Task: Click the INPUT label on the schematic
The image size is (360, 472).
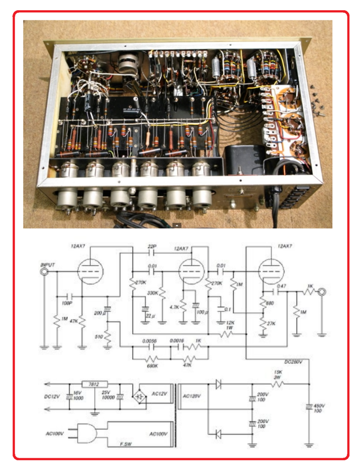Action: [48, 265]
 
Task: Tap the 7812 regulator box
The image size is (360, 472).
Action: [94, 384]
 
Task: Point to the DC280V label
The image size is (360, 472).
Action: [293, 362]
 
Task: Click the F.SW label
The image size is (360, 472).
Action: [126, 444]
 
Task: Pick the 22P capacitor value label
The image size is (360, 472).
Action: [152, 246]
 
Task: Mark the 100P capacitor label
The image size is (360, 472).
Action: [67, 303]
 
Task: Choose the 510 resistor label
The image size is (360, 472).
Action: [99, 337]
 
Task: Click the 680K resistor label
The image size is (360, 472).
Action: [152, 366]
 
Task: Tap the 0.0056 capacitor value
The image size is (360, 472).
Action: [150, 341]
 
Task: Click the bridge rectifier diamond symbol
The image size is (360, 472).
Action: [139, 397]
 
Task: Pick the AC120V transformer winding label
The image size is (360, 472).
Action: [192, 396]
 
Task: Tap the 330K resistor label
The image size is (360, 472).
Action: [153, 293]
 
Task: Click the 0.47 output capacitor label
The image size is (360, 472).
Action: [281, 286]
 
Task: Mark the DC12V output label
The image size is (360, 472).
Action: [52, 397]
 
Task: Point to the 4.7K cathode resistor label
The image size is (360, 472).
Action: [174, 307]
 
